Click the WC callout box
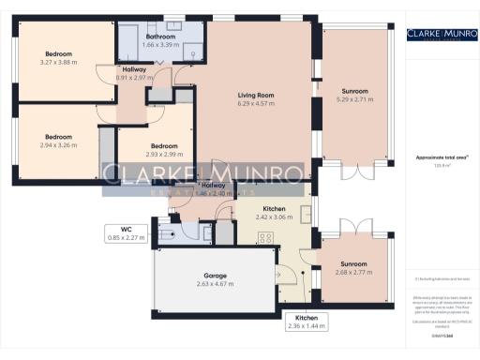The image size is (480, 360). point(125,233)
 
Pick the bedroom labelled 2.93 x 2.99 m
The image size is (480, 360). point(165,150)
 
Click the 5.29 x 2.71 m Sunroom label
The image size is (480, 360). point(354,96)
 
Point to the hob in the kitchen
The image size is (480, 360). point(265,238)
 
